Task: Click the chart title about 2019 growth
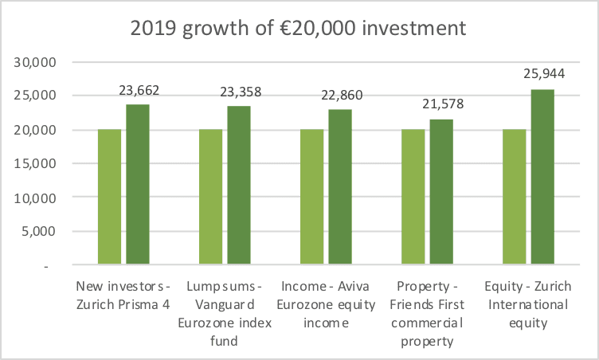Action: pyautogui.click(x=299, y=29)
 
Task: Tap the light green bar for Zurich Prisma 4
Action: pyautogui.click(x=109, y=197)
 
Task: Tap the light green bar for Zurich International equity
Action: pyautogui.click(x=514, y=197)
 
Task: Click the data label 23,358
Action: pyautogui.click(x=238, y=92)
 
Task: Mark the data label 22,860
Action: pyautogui.click(x=339, y=96)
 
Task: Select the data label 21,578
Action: pyautogui.click(x=440, y=104)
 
